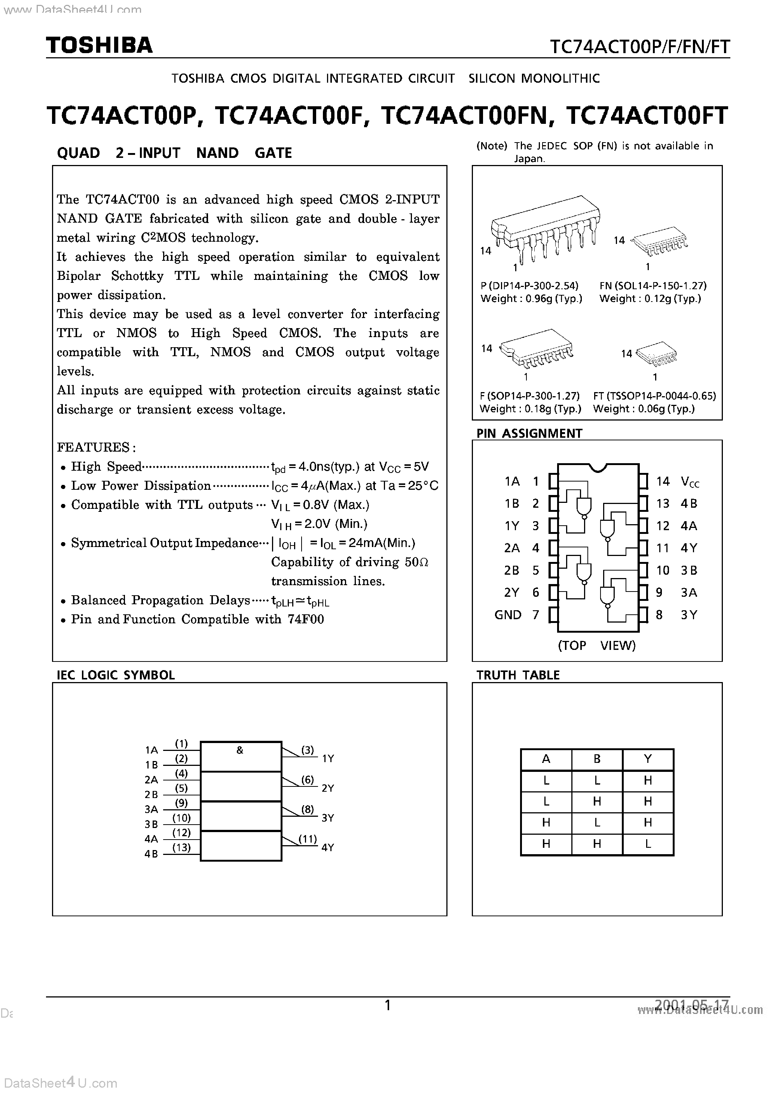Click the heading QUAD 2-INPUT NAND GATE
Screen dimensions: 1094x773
coord(174,153)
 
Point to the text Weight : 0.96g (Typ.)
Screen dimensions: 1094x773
coord(531,299)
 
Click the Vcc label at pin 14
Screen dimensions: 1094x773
coord(690,482)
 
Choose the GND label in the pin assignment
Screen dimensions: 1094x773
coord(508,615)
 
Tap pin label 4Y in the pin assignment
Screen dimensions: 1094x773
coord(689,548)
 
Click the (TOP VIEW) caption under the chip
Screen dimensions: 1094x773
coord(597,646)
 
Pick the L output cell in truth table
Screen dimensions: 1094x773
coord(647,844)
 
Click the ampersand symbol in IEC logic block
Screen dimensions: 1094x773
coord(240,751)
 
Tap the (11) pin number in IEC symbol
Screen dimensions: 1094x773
coord(308,838)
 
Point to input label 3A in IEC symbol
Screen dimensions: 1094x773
coord(151,809)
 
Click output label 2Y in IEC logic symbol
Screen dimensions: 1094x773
coord(328,788)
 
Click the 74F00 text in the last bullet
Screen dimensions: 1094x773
coord(305,620)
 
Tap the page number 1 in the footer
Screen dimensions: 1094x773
coord(388,1005)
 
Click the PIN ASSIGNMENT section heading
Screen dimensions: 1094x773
coord(529,433)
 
